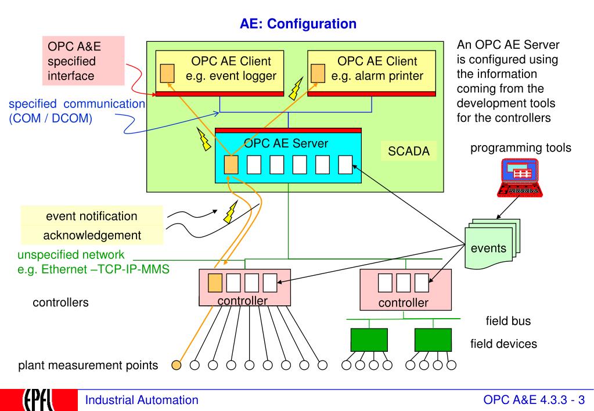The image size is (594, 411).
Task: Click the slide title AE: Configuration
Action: (298, 24)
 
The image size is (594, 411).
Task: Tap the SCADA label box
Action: (409, 151)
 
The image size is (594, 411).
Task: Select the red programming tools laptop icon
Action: (520, 178)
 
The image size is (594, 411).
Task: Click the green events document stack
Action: (492, 244)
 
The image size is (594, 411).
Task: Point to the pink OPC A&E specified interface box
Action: (84, 60)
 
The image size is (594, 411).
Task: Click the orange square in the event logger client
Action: (167, 74)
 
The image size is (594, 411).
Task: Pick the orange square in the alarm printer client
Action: (318, 74)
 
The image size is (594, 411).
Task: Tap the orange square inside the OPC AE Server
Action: (231, 165)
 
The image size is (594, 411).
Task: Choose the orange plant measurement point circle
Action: (176, 365)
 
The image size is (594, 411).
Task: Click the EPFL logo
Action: (39, 400)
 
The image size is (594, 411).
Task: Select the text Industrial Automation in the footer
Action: (142, 400)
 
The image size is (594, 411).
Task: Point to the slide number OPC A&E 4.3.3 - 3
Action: (534, 399)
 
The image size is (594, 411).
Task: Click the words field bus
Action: (508, 321)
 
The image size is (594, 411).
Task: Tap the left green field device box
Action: (369, 340)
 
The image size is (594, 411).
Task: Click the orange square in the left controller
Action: (215, 283)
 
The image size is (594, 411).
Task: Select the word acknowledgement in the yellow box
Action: (92, 235)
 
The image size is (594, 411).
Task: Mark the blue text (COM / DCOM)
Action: (51, 118)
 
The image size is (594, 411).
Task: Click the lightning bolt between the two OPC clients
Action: (296, 89)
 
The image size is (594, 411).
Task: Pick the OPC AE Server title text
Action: (286, 143)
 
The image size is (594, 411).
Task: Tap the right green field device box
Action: (433, 340)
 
